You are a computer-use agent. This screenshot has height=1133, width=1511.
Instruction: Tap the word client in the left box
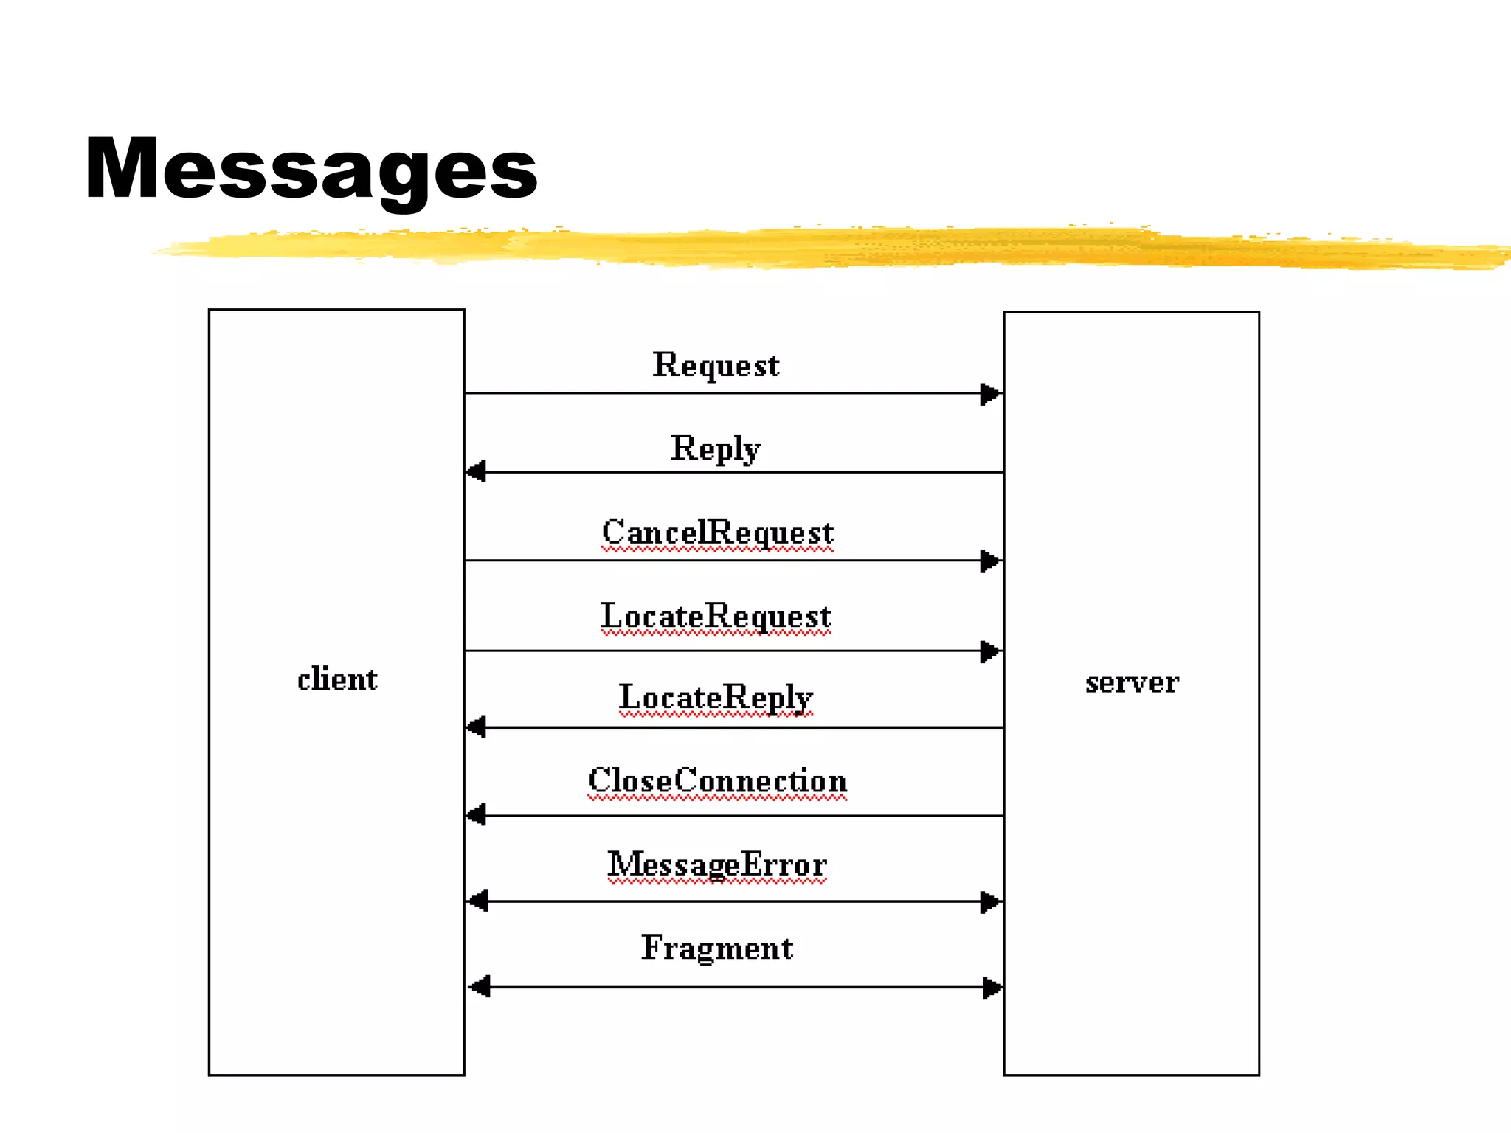tap(337, 679)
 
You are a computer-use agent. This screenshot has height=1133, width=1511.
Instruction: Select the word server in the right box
tap(1132, 683)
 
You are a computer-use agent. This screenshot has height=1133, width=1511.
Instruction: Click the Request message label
tap(716, 366)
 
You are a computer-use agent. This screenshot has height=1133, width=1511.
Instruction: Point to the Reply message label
tap(716, 449)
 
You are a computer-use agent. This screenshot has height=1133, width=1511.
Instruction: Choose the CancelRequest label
tap(717, 533)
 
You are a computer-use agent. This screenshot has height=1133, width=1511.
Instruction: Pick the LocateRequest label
tap(716, 617)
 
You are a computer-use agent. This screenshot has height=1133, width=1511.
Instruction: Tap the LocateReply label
tap(716, 698)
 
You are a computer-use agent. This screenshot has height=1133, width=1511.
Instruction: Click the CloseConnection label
tap(717, 781)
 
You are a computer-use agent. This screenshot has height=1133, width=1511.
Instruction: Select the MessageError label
tap(717, 865)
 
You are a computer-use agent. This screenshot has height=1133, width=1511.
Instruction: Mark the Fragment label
tap(717, 949)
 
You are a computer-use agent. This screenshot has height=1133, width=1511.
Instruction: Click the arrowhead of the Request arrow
tap(990, 394)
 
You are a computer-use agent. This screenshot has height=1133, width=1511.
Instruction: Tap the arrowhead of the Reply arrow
tap(477, 471)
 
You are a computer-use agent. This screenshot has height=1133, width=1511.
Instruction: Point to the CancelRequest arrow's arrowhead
tap(990, 561)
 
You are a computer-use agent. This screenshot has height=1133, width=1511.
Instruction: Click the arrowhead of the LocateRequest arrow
tap(990, 651)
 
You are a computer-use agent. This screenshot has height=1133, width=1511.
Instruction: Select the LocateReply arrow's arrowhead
tap(477, 727)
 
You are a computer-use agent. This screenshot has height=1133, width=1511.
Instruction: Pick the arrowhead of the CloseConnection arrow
tap(477, 815)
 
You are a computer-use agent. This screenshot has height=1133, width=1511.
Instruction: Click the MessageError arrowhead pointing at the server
tap(990, 901)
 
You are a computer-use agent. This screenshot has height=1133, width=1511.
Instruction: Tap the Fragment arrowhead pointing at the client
tap(480, 987)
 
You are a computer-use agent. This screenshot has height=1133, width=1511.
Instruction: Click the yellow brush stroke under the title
tap(812, 248)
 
